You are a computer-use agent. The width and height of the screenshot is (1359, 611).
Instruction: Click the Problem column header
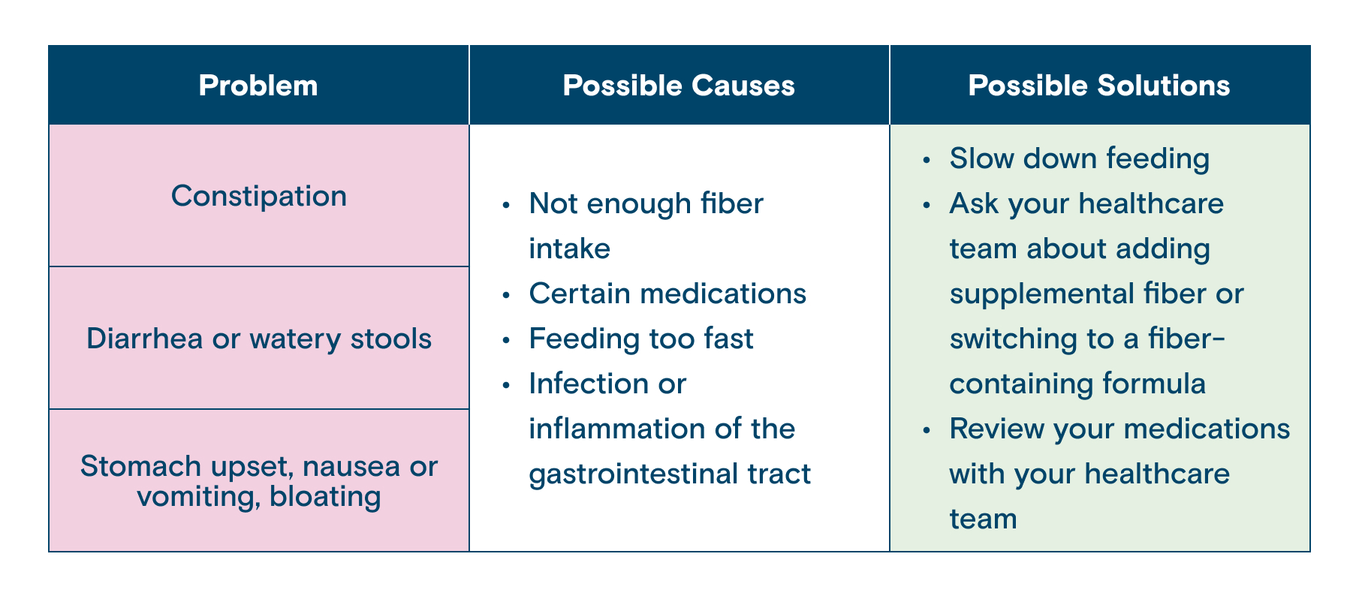coord(258,86)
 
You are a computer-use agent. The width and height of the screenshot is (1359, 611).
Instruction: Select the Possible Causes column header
coord(679,86)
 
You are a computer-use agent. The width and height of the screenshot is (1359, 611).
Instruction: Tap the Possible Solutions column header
coord(1099,86)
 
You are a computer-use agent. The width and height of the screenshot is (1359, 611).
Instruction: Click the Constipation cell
coord(259,196)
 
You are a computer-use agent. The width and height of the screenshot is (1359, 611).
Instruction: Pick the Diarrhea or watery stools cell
coord(259,339)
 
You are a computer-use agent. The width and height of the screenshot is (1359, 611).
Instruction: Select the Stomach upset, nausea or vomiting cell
coord(259,480)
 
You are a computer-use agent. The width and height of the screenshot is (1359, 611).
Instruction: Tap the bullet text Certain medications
coord(667,293)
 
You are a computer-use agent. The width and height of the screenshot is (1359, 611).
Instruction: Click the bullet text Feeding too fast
coord(641,339)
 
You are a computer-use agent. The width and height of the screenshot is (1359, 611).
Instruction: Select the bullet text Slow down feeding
coord(1080,158)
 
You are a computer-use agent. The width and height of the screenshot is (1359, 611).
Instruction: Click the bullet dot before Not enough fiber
coord(508,205)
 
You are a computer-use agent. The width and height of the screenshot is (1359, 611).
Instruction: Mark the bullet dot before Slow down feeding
coord(929,160)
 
